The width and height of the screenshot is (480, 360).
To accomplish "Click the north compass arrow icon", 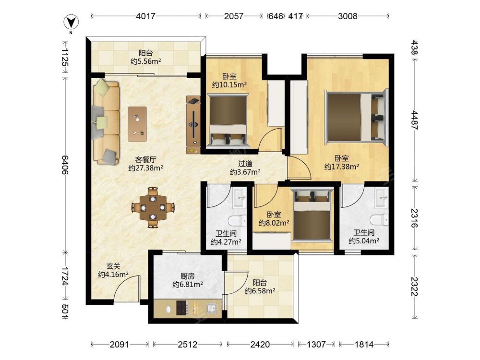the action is [x=71, y=23].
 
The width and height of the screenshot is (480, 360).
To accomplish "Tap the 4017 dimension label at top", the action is [x=146, y=16].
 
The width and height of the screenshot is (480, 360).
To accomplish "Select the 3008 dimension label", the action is [x=348, y=16].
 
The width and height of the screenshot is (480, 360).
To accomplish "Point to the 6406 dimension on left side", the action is [x=65, y=165].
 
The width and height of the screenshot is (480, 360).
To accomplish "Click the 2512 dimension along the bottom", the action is [x=188, y=345].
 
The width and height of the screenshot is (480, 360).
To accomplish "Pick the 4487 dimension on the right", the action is [x=414, y=120].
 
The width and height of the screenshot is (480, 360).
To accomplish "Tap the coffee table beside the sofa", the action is [x=137, y=124].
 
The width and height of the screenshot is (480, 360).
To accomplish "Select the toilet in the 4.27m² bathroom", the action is [x=238, y=221].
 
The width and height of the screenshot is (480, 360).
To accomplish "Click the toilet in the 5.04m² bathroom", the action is [x=379, y=220].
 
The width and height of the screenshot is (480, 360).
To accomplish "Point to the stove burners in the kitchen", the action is [x=182, y=308].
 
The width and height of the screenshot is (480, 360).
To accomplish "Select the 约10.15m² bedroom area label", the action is [x=229, y=85].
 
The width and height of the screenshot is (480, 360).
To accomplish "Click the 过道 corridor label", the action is [x=245, y=164].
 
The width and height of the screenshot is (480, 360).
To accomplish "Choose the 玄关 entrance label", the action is [x=113, y=266].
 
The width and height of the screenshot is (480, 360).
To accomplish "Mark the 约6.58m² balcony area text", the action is [x=260, y=291].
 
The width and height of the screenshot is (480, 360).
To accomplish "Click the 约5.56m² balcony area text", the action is [x=146, y=61].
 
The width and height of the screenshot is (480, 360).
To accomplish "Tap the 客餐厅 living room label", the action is [x=146, y=159].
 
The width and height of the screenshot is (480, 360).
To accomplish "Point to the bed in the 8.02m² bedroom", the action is [x=312, y=214].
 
